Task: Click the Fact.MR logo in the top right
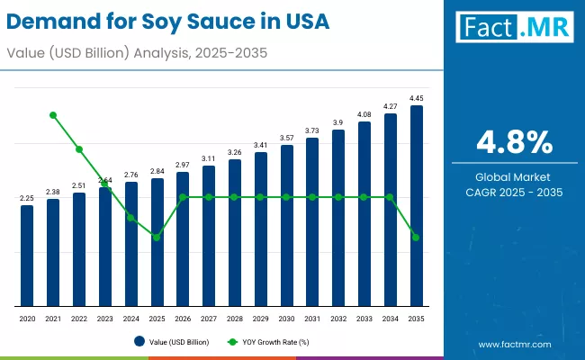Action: click(x=514, y=28)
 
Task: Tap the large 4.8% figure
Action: click(x=514, y=141)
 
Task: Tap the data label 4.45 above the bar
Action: click(x=417, y=98)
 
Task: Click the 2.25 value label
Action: click(x=27, y=198)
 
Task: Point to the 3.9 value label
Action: click(x=338, y=122)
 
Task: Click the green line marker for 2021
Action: click(x=53, y=115)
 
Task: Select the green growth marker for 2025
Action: click(x=157, y=238)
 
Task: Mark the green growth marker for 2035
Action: click(x=417, y=238)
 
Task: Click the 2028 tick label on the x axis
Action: click(x=235, y=319)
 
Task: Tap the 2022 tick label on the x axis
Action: click(x=79, y=319)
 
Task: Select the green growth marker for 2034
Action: click(x=391, y=197)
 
